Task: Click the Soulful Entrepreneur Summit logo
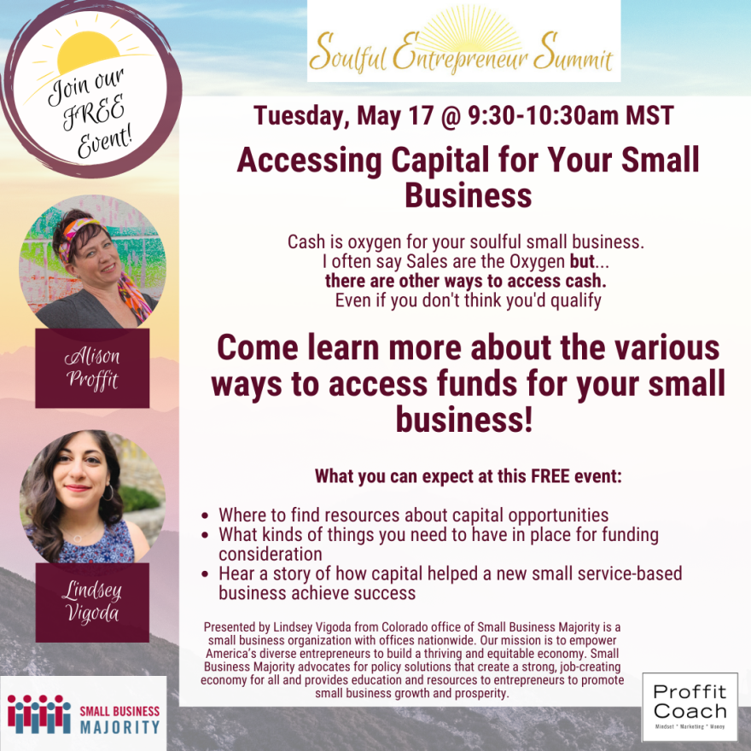coord(463,41)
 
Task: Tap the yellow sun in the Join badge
coord(88,52)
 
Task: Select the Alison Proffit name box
coord(92,368)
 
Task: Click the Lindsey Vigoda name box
coord(92,602)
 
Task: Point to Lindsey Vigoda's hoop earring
coord(108,492)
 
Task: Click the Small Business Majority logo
coord(84,713)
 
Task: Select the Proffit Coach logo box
coord(690,707)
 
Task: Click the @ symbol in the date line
coord(451,116)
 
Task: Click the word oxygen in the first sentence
coord(374,242)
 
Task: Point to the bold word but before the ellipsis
coord(582,261)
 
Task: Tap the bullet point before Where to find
coord(205,515)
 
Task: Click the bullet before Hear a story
coord(205,574)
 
